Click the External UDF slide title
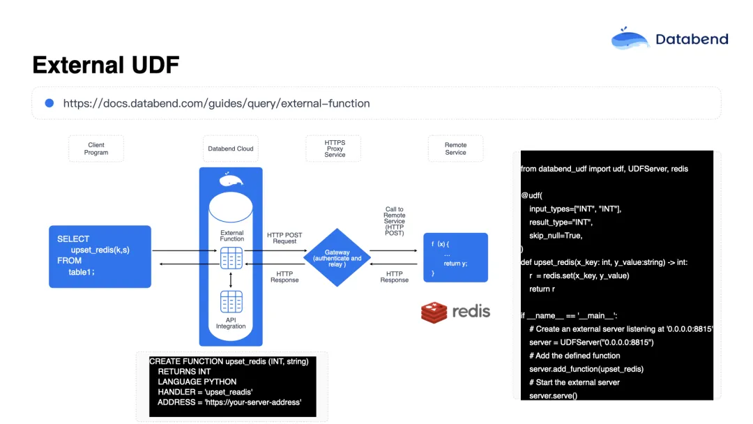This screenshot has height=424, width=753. (106, 65)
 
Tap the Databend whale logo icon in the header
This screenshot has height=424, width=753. (630, 39)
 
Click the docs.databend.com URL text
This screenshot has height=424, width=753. (216, 103)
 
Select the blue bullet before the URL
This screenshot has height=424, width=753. (50, 103)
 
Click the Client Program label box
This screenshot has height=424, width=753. (96, 149)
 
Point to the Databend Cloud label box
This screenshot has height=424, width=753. (231, 149)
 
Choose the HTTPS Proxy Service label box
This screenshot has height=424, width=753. (335, 149)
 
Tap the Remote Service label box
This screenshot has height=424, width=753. (455, 149)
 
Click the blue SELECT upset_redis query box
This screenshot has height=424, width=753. (100, 256)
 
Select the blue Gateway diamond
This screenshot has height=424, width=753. (337, 257)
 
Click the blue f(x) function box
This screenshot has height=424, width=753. (455, 257)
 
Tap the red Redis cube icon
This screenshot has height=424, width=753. (434, 312)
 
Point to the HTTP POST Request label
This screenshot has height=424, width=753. (284, 238)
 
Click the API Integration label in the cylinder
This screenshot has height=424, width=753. (231, 323)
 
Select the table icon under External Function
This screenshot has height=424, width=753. (231, 258)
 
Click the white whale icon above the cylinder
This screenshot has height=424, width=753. (231, 181)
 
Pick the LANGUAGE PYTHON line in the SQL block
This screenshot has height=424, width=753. (197, 381)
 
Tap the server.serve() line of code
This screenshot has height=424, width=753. (553, 395)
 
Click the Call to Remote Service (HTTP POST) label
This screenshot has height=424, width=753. (394, 221)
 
